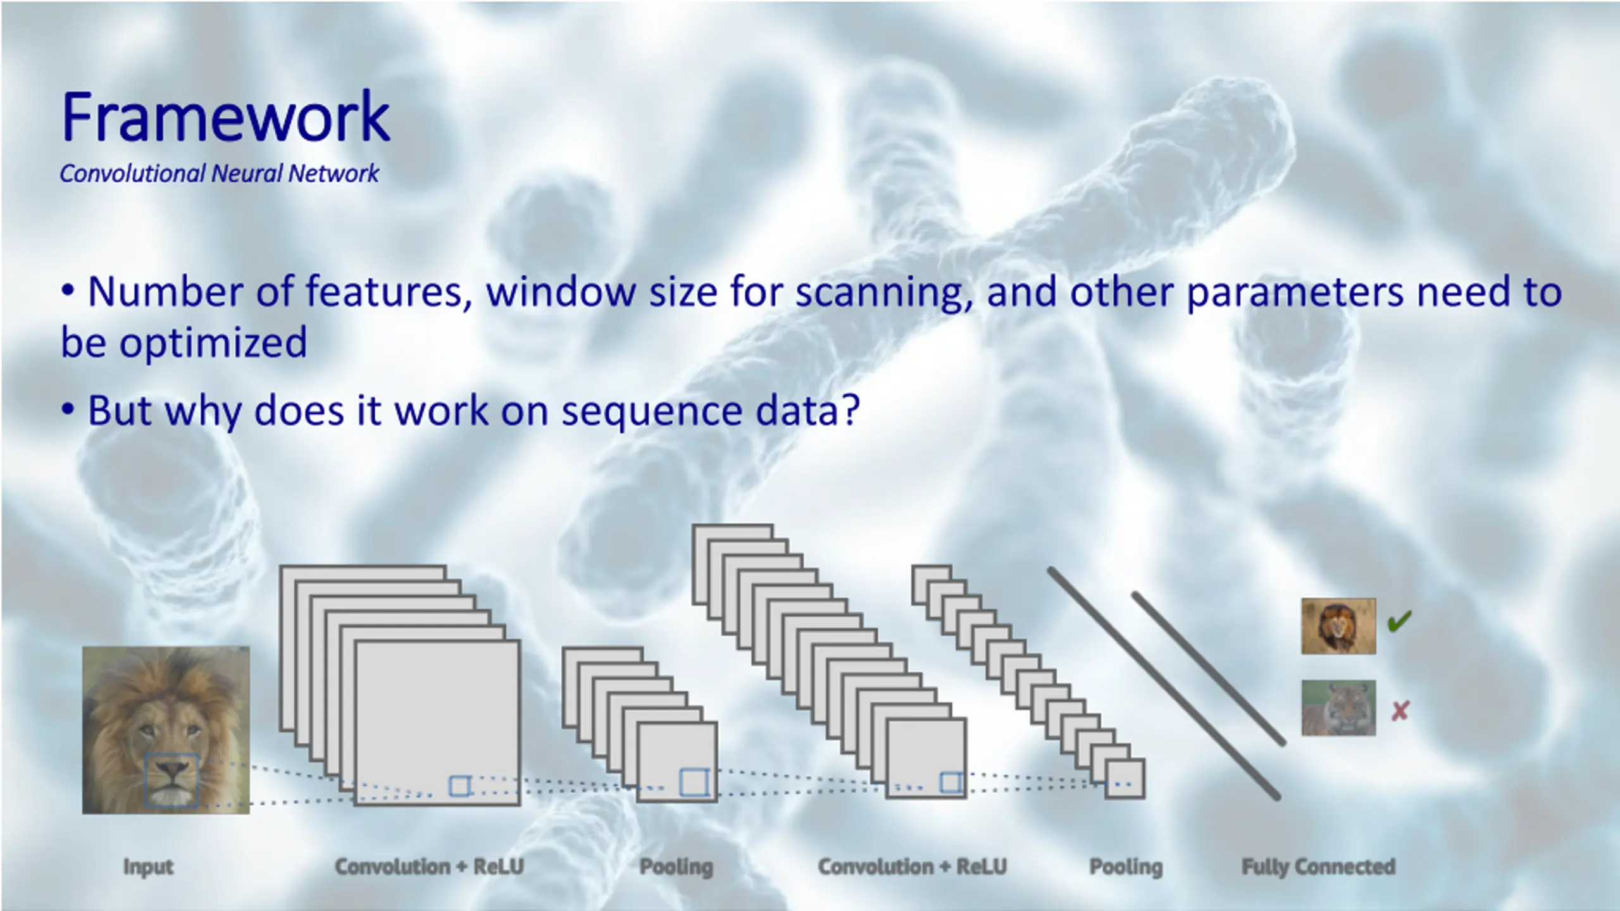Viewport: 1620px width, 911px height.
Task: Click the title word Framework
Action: tap(225, 117)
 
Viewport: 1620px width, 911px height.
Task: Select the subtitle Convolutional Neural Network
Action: tap(219, 173)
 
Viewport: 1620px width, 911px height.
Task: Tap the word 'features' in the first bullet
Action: tap(389, 292)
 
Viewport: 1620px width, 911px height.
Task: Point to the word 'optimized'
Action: tap(213, 342)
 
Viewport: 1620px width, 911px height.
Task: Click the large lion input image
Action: tap(166, 729)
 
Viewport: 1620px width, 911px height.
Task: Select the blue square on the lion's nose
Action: tap(171, 779)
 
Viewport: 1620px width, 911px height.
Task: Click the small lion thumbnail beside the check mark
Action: tap(1338, 626)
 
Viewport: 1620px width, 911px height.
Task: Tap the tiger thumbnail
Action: tap(1338, 707)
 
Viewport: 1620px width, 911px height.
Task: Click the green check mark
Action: tap(1399, 621)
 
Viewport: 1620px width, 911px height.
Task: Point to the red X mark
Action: tap(1400, 711)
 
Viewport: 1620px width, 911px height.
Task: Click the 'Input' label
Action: tap(148, 866)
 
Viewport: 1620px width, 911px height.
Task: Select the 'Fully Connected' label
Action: tap(1318, 866)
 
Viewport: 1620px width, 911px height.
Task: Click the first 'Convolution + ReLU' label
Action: tap(429, 866)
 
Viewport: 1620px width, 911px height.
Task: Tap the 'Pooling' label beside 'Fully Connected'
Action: tap(1126, 866)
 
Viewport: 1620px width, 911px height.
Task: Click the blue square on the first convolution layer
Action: tap(459, 786)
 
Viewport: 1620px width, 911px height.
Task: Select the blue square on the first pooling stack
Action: tap(694, 782)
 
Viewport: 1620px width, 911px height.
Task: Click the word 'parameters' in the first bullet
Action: tap(1295, 292)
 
